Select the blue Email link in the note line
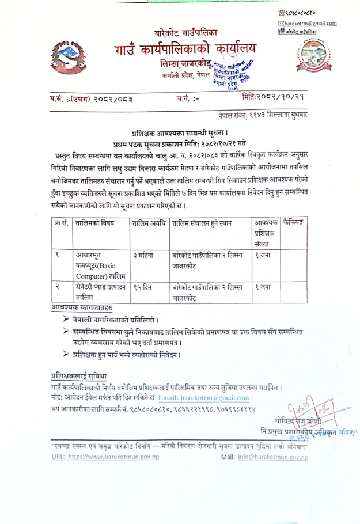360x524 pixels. pos(203,398)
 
